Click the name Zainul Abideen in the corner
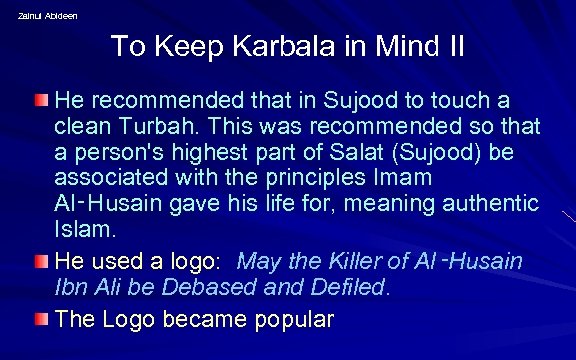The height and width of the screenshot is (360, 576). [46, 15]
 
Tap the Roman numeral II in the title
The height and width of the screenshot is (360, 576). [453, 46]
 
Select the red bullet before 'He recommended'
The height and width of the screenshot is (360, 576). [41, 100]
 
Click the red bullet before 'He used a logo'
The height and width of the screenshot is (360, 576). [41, 261]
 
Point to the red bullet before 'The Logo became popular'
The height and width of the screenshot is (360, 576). [41, 319]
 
